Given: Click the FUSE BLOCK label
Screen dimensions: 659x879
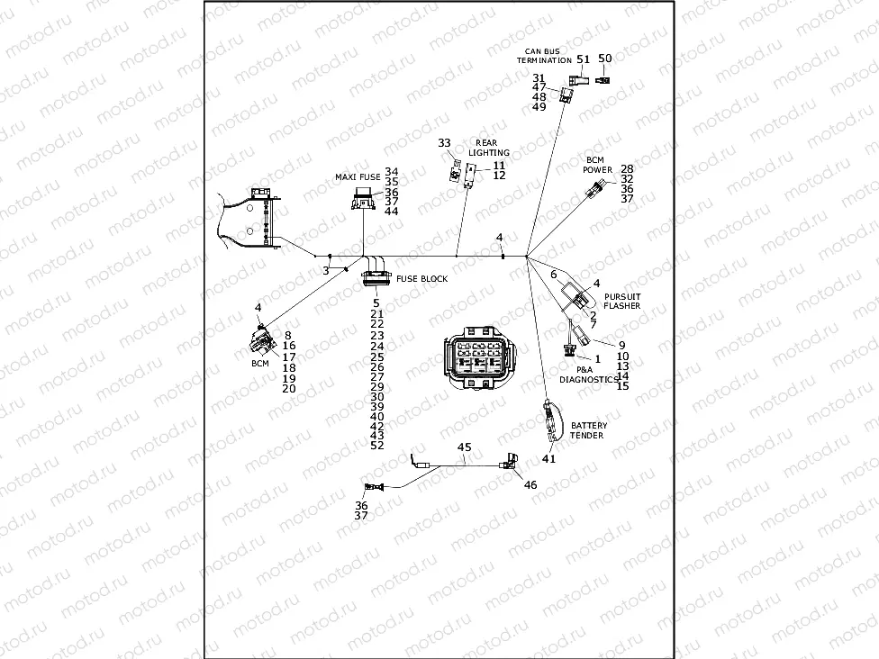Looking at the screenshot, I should tap(421, 279).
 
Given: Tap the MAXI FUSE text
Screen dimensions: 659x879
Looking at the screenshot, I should tap(358, 177).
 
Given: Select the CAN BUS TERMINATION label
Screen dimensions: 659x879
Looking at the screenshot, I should tap(544, 55).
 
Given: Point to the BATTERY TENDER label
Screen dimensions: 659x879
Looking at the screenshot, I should tap(588, 431).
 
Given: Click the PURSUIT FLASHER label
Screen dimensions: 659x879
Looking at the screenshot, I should tap(622, 301).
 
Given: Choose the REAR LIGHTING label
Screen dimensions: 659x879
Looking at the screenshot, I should tap(493, 148).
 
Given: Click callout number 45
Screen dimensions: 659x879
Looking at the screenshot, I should tap(465, 447).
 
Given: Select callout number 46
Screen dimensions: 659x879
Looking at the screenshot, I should tap(530, 484).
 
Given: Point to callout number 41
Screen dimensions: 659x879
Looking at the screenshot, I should tap(548, 458).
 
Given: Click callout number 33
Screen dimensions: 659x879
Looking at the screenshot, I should tap(444, 143).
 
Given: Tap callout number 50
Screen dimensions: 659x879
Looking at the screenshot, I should tap(605, 59).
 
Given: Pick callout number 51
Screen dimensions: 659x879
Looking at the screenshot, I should tap(584, 59).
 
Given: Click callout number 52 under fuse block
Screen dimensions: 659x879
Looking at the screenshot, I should tap(377, 446).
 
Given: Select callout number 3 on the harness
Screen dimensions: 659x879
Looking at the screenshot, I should tap(326, 270).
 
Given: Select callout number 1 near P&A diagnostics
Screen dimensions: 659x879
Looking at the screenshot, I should tap(597, 359).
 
